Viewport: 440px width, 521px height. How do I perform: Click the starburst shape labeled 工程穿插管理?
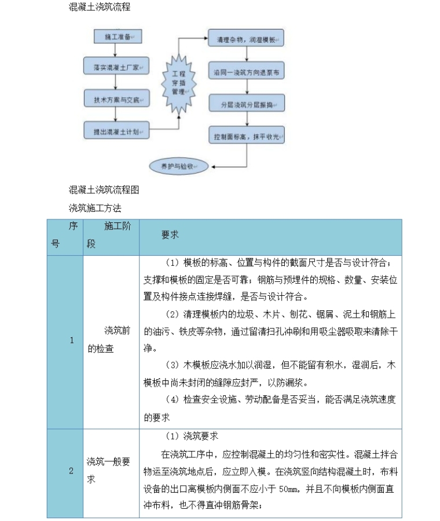coord(178,83)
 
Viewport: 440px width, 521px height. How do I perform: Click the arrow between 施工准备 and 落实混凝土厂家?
coord(118,52)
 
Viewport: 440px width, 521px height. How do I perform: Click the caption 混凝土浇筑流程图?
coord(104,190)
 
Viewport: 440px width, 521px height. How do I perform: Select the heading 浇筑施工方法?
coord(95,207)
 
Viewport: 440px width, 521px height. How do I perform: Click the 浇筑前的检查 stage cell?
coord(111,340)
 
